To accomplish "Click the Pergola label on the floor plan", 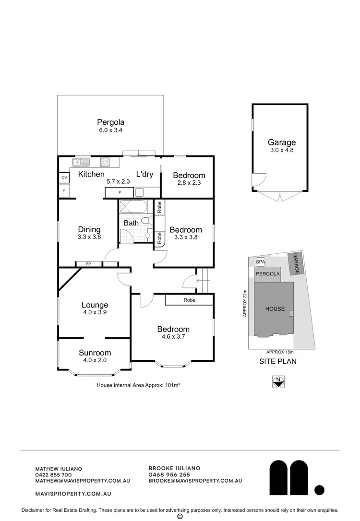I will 110,122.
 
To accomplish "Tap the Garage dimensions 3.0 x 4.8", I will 281,150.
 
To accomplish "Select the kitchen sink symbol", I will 81,162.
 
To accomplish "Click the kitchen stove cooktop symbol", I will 106,162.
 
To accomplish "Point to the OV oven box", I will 64,178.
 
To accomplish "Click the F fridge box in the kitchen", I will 64,191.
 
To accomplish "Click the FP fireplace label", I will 88,264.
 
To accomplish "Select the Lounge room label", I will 95,305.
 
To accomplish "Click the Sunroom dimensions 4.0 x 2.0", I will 95,360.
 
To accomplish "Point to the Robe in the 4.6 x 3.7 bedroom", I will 189,300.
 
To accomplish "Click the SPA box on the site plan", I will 260,262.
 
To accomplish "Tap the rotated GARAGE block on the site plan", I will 295,264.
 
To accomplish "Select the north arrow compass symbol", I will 278,382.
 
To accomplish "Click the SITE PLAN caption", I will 277,361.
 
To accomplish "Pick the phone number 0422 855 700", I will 54,474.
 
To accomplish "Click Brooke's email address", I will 195,481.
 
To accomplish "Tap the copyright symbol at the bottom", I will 180,516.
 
